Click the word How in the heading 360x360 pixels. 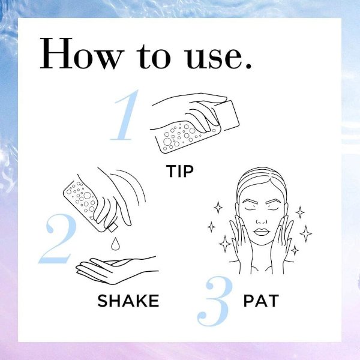[82, 53]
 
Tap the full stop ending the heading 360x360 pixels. [248, 65]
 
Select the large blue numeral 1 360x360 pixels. [125, 115]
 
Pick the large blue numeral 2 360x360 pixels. [58, 239]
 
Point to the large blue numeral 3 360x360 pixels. [214, 301]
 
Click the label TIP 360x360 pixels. [180, 171]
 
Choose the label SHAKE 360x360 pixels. [128, 301]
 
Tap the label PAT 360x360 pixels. [261, 301]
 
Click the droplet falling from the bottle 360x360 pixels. [115, 244]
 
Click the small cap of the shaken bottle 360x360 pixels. [113, 227]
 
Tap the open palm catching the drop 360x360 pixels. [117, 270]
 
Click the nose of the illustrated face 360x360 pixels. [262, 220]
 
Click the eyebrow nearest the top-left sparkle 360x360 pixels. [250, 200]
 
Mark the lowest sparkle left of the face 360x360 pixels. [225, 244]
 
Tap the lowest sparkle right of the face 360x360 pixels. [295, 250]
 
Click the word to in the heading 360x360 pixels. [154, 56]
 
